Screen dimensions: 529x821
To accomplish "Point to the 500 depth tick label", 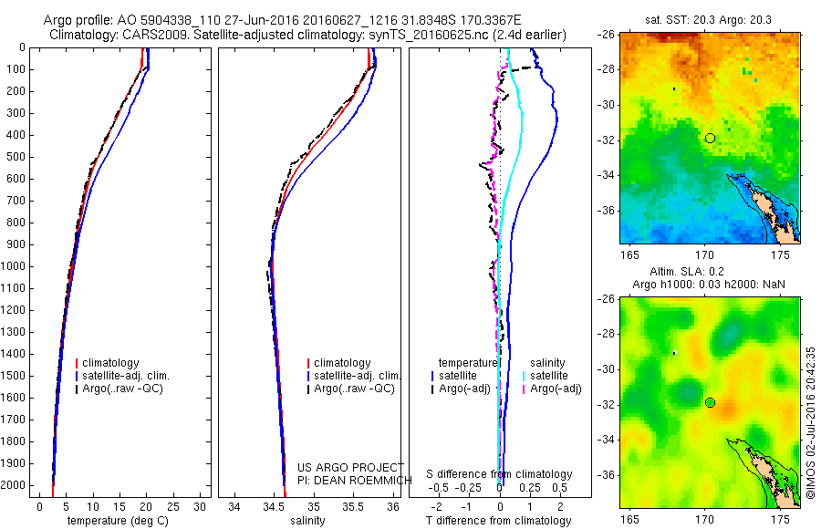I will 16,157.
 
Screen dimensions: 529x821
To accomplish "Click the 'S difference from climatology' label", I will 499,474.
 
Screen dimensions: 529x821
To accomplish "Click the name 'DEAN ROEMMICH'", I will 359,478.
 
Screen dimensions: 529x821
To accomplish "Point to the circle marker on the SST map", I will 710,138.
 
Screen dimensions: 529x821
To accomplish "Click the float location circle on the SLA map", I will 710,402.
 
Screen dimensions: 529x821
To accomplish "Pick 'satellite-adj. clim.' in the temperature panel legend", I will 132,376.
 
